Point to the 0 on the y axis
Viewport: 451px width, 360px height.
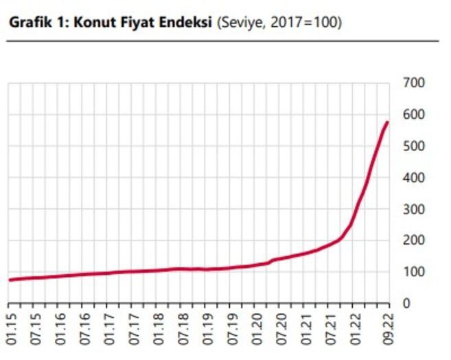point(406,303)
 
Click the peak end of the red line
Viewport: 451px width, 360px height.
point(387,122)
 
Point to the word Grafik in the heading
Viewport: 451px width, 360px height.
point(26,23)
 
